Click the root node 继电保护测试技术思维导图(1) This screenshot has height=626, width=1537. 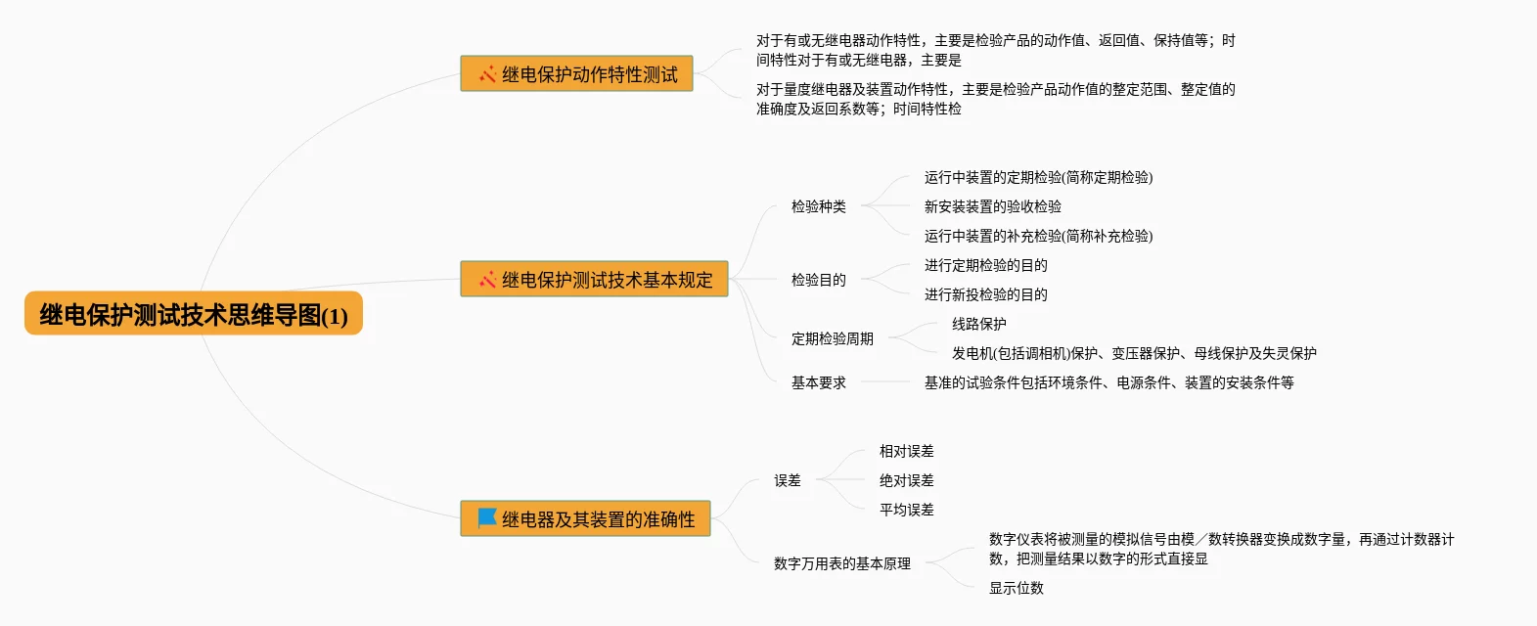point(194,314)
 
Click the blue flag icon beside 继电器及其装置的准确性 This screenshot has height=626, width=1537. point(486,518)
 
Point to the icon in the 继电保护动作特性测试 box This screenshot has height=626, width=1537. point(486,74)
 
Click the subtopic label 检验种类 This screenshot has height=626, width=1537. point(818,206)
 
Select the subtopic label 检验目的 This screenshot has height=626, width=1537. point(818,280)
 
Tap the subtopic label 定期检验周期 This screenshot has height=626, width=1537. point(832,338)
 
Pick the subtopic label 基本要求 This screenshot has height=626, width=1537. point(818,382)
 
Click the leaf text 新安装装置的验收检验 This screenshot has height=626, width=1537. point(992,206)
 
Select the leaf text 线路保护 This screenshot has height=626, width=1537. point(978,324)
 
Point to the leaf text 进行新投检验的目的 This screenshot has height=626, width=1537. point(985,294)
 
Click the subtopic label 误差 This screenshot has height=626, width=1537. point(787,480)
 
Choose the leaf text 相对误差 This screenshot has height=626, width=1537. point(906,451)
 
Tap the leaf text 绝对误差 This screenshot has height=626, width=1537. point(906,480)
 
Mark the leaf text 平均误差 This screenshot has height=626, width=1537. point(906,510)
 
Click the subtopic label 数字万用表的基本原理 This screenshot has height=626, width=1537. point(841,563)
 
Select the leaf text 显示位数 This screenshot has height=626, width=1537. point(1016,588)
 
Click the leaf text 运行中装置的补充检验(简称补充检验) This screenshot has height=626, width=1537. point(1038,236)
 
